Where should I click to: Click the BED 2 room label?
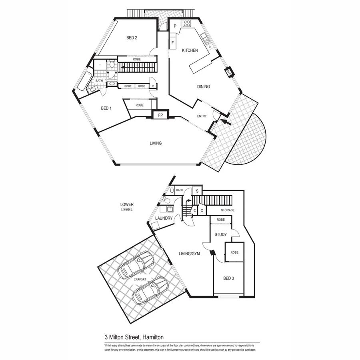132,38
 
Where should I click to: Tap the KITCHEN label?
190,50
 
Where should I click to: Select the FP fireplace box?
160,115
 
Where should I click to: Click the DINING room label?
203,86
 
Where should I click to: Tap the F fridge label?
172,42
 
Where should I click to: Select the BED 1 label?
106,108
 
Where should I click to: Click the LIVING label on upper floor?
156,143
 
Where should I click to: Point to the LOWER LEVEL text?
127,207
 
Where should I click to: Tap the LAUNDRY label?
164,218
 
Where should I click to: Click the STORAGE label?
226,210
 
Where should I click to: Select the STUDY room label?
220,234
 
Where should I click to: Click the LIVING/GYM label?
188,254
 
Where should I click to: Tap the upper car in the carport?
135,265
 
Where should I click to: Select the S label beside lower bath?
197,191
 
